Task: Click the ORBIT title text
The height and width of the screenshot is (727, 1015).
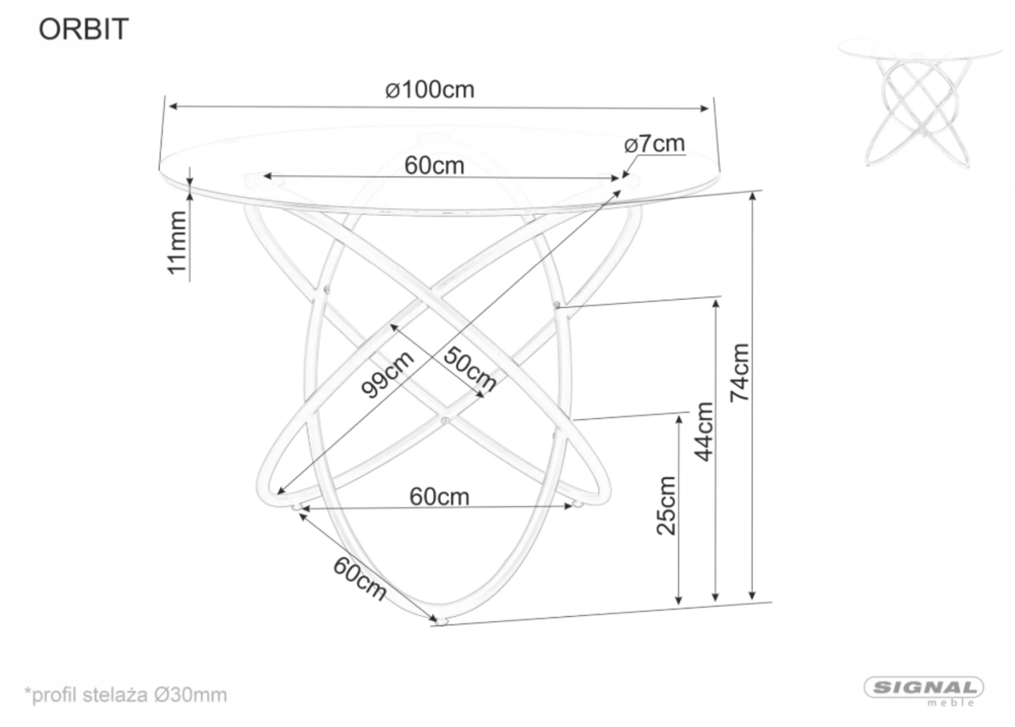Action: point(84,29)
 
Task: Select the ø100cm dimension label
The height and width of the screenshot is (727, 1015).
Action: point(430,90)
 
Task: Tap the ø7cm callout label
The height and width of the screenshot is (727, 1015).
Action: point(655,144)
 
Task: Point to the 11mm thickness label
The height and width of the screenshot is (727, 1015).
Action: point(177,243)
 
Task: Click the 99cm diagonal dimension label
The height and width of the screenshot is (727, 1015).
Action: point(387,374)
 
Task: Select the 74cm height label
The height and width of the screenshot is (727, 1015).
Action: point(739,372)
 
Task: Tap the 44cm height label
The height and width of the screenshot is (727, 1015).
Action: point(704,432)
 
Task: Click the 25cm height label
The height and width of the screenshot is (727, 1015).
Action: point(667,505)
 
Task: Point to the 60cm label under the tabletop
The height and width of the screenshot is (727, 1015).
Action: point(434,166)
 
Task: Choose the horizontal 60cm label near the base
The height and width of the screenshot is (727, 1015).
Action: point(439,497)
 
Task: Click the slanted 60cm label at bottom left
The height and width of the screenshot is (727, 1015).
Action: point(359,579)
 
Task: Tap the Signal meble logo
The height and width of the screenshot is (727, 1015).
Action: point(924,691)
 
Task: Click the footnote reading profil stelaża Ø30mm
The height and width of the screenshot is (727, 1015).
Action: point(125,695)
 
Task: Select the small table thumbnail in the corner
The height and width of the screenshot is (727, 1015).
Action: point(920,103)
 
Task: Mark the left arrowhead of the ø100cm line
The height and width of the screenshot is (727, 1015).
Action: point(173,107)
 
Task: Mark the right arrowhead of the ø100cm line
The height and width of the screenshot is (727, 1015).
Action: point(704,108)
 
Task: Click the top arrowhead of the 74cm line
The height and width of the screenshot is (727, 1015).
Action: point(753,196)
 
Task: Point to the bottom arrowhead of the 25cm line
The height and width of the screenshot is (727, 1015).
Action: point(678,600)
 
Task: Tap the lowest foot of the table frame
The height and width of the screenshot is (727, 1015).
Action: point(441,620)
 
